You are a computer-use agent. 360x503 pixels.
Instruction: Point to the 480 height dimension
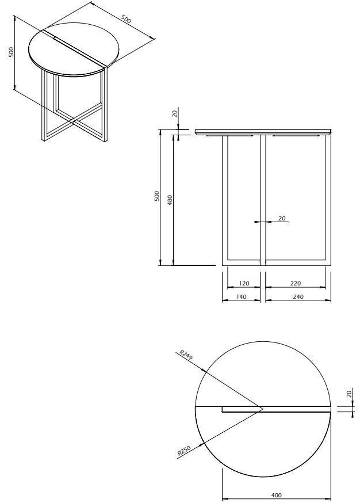(x=170, y=200)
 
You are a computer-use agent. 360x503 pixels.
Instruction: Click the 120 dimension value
(x=243, y=284)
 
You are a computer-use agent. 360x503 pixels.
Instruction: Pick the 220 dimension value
(x=296, y=284)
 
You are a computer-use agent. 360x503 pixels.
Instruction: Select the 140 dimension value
(x=242, y=297)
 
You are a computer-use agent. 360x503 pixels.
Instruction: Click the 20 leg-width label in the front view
(x=282, y=218)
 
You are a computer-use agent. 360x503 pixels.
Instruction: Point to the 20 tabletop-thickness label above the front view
(x=175, y=113)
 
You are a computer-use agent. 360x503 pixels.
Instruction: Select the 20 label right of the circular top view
(x=348, y=394)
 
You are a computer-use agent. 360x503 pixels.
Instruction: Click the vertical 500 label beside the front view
(x=156, y=196)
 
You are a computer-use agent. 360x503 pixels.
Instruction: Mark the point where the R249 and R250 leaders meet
(x=263, y=409)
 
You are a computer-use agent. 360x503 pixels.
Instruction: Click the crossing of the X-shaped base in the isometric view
(x=74, y=122)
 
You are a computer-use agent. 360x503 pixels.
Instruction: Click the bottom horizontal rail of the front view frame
(x=276, y=264)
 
